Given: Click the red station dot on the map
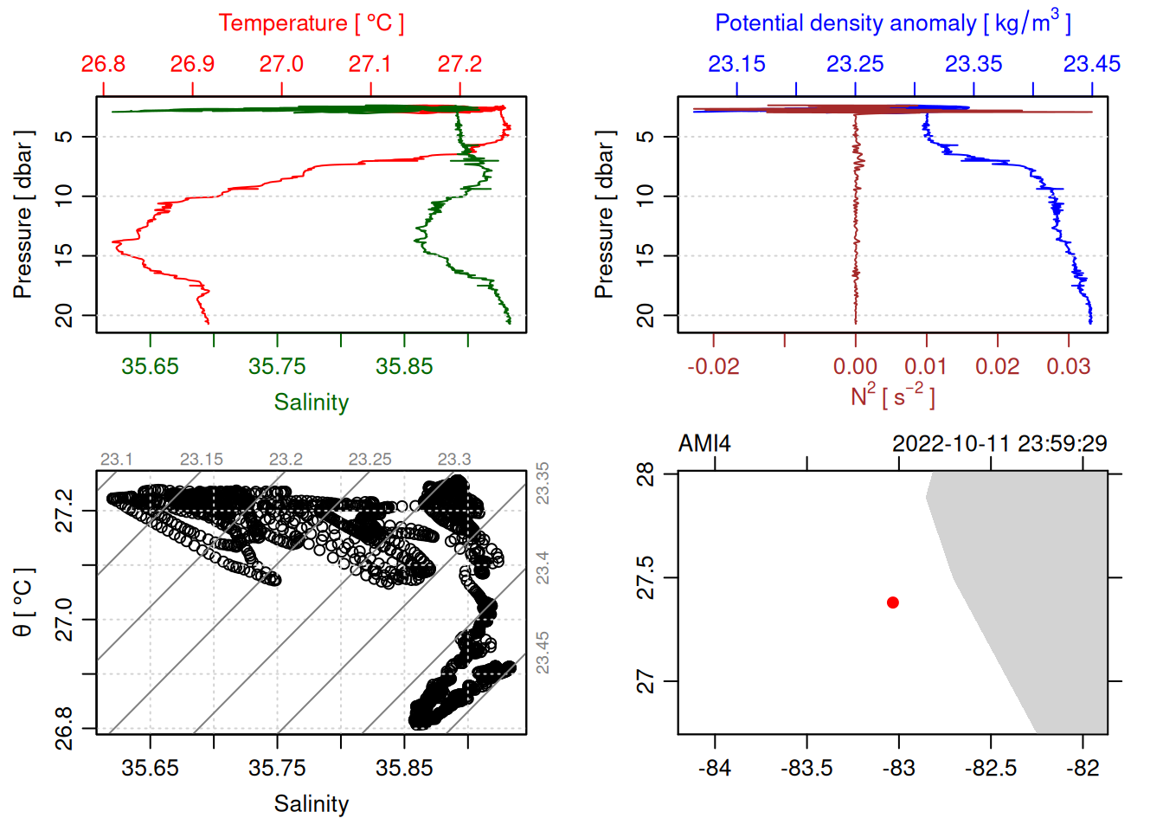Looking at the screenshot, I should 892,602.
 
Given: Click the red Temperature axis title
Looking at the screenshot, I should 311,23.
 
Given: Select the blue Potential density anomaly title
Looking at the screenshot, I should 892,23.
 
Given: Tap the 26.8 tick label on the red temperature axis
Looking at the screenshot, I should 103,64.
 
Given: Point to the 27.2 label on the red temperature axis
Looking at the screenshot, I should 459,64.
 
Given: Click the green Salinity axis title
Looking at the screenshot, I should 311,403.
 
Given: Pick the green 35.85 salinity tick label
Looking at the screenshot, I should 404,366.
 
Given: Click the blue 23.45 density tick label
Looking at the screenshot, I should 1091,64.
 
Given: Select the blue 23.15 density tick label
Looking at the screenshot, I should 736,64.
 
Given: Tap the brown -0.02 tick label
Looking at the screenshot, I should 713,366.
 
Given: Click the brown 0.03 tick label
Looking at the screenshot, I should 1068,366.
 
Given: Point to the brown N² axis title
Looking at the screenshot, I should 892,396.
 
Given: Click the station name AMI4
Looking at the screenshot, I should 704,444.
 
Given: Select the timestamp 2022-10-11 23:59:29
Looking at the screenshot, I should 999,444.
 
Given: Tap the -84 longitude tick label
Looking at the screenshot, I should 715,768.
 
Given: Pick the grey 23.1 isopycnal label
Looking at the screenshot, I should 116,460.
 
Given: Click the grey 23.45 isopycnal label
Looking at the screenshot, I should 543,653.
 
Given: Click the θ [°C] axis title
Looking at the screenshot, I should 23,602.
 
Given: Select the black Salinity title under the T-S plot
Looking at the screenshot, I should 311,804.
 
